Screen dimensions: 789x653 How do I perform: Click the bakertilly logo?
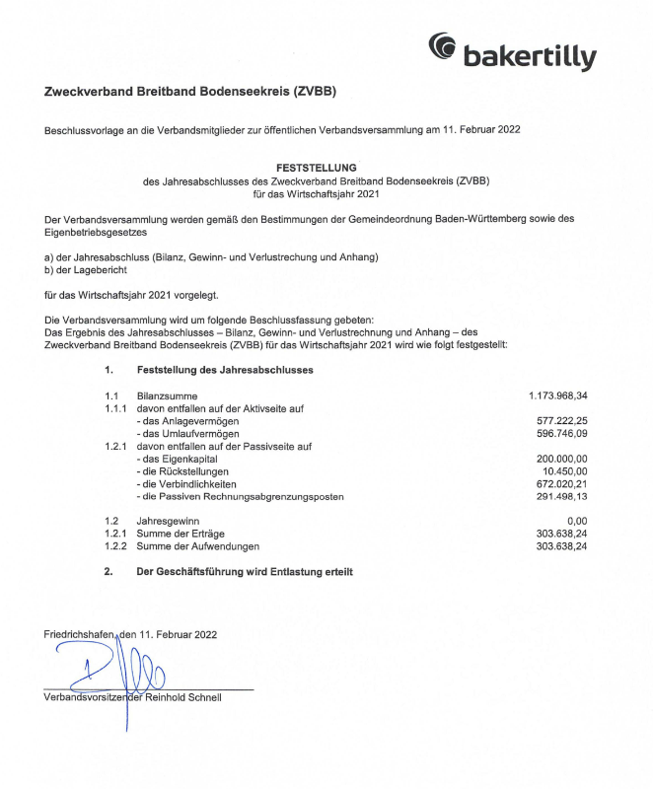(x=512, y=52)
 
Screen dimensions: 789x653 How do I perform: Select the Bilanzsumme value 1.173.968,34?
(x=558, y=394)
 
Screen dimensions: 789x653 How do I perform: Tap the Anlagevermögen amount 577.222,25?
(x=562, y=420)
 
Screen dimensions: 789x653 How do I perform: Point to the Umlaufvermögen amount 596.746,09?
(x=562, y=433)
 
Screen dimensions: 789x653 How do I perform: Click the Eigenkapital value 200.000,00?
(x=562, y=459)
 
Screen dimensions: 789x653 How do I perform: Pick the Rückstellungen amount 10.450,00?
(x=565, y=471)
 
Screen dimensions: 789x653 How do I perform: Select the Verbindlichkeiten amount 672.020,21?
(x=562, y=484)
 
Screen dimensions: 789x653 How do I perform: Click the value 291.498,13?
(x=562, y=497)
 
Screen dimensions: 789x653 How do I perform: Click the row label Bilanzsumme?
(x=164, y=394)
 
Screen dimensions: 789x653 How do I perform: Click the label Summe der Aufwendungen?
(x=198, y=545)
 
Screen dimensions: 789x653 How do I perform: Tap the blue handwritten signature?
(x=109, y=671)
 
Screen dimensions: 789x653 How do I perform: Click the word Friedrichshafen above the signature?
(x=80, y=634)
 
